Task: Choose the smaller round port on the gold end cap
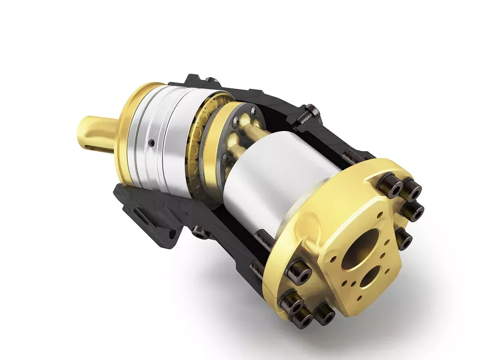(x=370, y=277)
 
